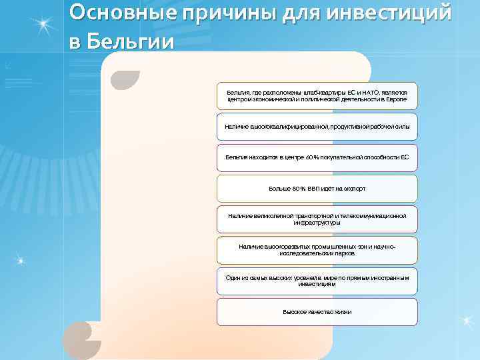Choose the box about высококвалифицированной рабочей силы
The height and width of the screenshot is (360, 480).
[317, 127]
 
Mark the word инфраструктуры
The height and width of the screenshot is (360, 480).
[317, 223]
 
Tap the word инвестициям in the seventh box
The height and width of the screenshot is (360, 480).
[317, 284]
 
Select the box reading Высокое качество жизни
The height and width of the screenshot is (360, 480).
[317, 312]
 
